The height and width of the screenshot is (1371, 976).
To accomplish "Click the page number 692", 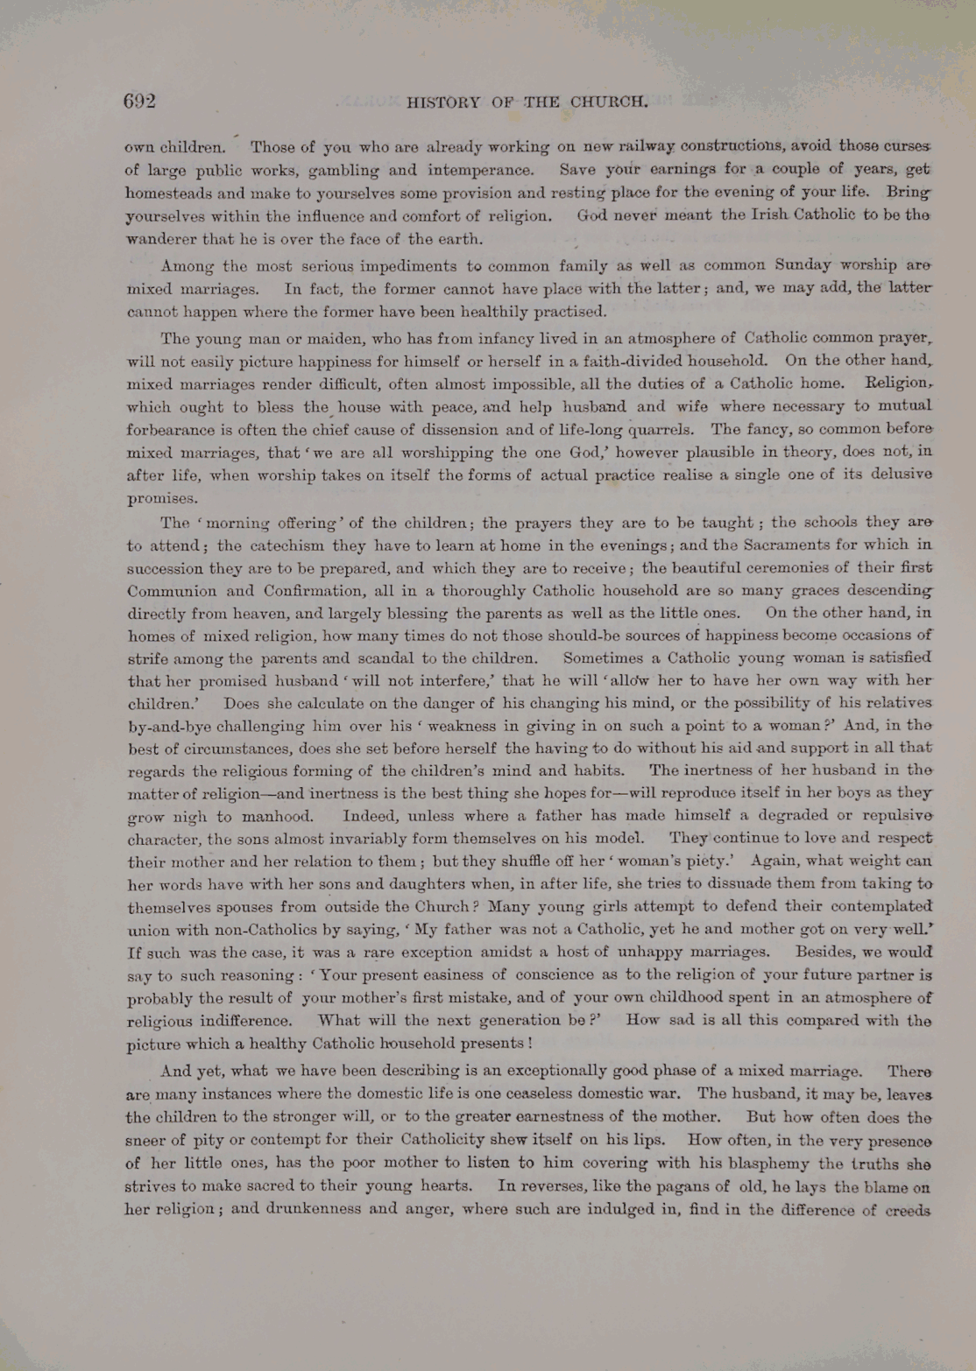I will tap(139, 102).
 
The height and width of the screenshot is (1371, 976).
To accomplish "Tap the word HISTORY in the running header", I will tap(443, 102).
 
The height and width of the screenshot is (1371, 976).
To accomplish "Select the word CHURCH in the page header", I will tap(609, 102).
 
